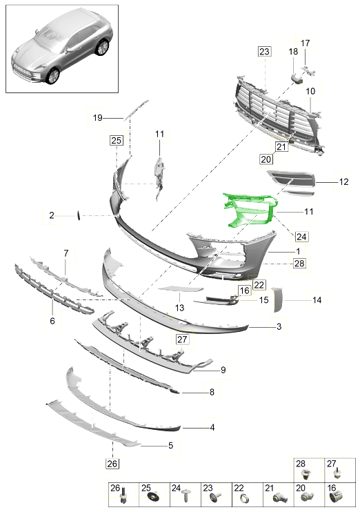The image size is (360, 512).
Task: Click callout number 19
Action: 97,118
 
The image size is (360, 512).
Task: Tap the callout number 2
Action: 52,216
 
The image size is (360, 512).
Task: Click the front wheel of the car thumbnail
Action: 50,75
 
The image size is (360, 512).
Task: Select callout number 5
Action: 170,446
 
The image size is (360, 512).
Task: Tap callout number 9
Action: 223,371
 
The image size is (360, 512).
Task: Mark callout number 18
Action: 292,52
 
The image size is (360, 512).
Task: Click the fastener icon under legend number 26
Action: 123,497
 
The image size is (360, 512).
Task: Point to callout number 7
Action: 66,253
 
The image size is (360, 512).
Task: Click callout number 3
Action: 279,326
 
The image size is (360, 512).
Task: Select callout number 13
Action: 179,308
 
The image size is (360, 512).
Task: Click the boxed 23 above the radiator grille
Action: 265,52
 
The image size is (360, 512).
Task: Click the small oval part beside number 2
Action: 79,216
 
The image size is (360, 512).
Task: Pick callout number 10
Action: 310,91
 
